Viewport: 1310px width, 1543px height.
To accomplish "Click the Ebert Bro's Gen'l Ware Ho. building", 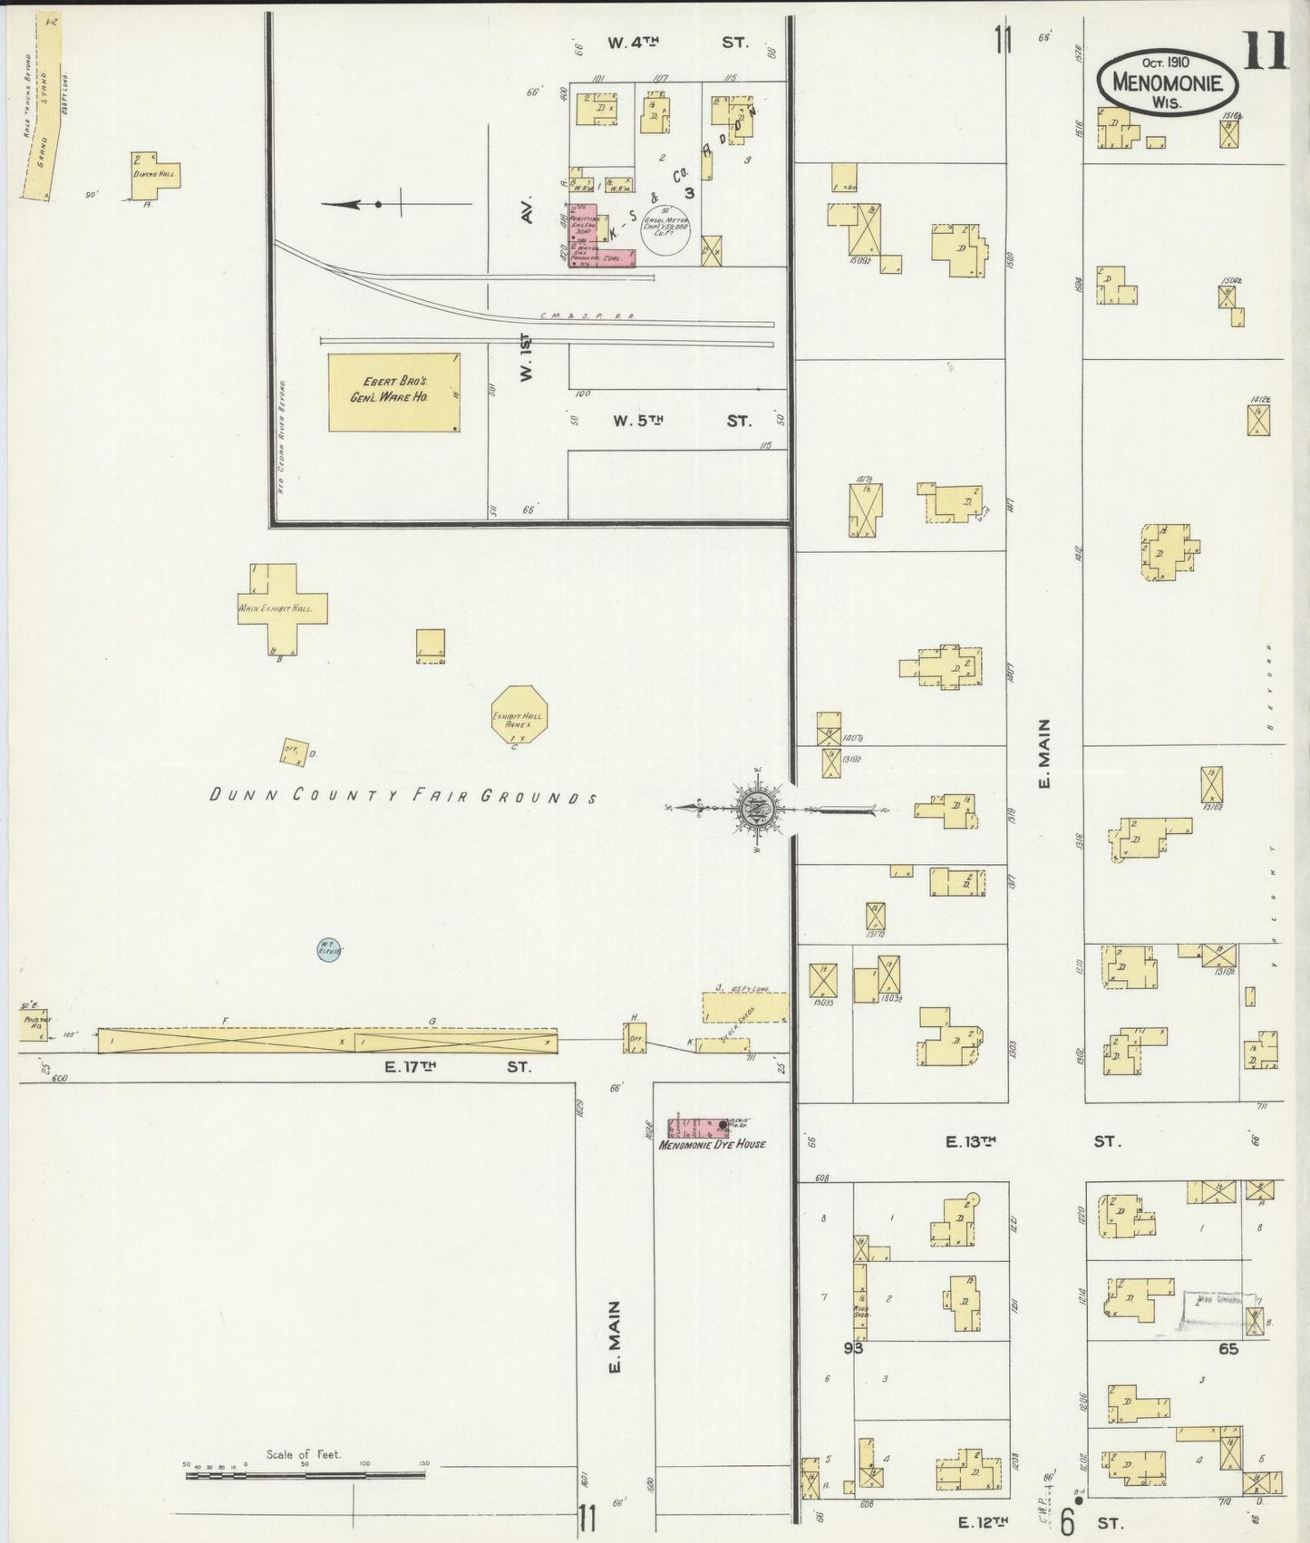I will coord(393,392).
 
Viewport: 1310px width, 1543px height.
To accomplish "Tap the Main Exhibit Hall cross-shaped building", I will coord(281,607).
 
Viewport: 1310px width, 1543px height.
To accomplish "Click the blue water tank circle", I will coord(328,950).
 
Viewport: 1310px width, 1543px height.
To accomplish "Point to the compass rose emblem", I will coord(756,807).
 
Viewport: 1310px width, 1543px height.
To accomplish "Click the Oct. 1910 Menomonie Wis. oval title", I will coord(1167,82).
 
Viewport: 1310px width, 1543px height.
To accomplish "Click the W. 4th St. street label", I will coord(677,42).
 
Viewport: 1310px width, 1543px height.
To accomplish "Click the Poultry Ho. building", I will coord(34,1024).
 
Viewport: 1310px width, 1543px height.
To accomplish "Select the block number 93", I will coord(853,1348).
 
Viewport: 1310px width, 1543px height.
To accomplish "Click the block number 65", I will coord(1228,1348).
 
